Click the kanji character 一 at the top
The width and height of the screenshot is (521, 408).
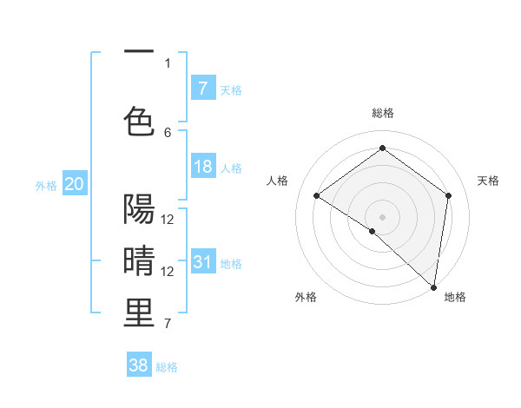[x=139, y=53]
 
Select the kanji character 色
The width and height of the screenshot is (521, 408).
[x=139, y=121]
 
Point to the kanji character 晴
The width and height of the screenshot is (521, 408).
[x=139, y=260]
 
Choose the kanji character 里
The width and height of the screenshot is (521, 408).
[x=139, y=313]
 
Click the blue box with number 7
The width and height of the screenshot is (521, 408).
[x=203, y=88]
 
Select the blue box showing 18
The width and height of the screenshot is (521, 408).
[x=203, y=167]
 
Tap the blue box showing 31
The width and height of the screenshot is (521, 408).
[x=203, y=262]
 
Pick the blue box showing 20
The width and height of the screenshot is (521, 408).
[x=75, y=184]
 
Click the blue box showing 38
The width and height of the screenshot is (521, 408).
[x=139, y=365]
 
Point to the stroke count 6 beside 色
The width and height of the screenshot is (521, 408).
[x=168, y=132]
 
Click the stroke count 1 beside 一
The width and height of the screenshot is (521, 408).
[x=168, y=63]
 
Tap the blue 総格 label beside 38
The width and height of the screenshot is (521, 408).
[x=167, y=367]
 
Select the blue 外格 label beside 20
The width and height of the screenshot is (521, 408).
[x=46, y=186]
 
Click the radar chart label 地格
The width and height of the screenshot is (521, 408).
[x=455, y=297]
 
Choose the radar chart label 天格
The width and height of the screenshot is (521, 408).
[x=488, y=181]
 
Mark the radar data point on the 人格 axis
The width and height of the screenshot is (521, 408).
[x=317, y=196]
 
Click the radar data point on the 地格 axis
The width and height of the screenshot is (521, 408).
[x=433, y=287]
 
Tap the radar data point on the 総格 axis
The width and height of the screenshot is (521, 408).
[x=382, y=148]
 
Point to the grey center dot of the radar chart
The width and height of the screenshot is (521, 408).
[x=382, y=216]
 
